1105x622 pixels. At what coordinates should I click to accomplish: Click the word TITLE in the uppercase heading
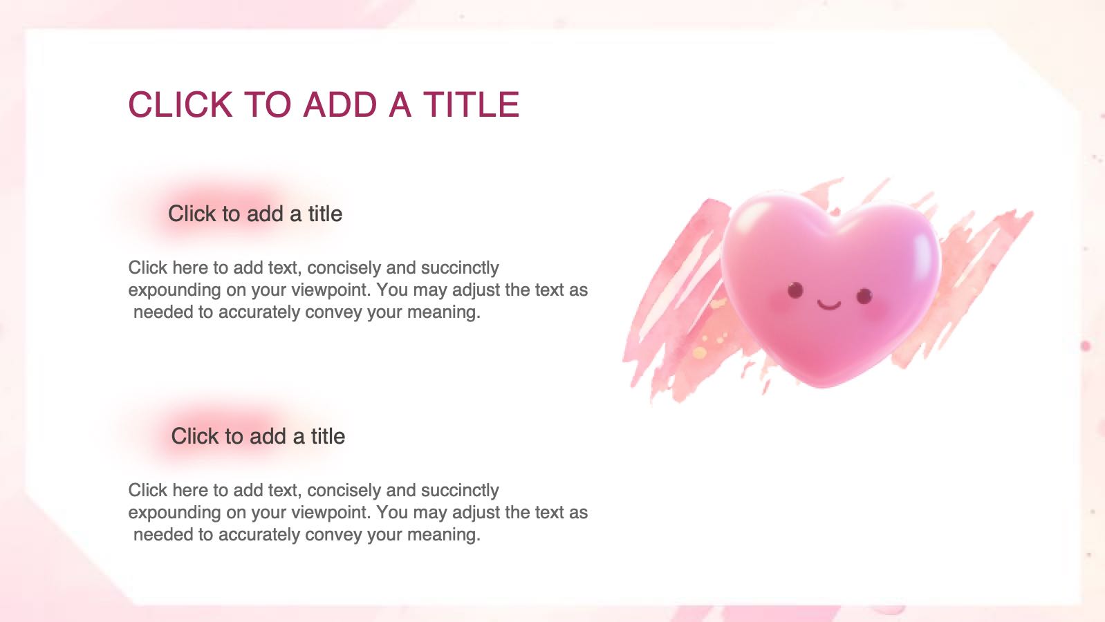click(471, 104)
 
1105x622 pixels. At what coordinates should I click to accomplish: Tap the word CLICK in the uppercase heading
click(180, 104)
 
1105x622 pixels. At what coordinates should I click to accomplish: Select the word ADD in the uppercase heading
click(340, 104)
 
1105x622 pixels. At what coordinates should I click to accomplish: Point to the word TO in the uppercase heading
click(268, 104)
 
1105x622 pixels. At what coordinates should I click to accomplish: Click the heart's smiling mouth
click(828, 305)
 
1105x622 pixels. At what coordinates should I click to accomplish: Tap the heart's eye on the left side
click(795, 290)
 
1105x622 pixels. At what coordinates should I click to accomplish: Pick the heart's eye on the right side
click(864, 296)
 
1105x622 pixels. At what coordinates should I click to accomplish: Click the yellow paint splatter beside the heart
click(700, 353)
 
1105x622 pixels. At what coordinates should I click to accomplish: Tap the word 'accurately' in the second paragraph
click(259, 534)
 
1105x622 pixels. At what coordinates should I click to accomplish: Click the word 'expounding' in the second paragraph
click(175, 513)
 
